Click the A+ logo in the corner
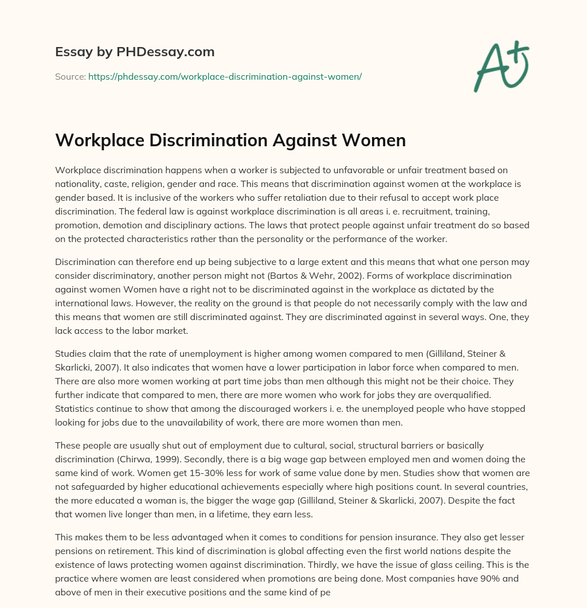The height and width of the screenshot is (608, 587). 502,65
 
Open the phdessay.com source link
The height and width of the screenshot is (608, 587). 225,76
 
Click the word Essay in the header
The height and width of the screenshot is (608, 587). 73,52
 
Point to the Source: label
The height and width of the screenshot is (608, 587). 70,76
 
